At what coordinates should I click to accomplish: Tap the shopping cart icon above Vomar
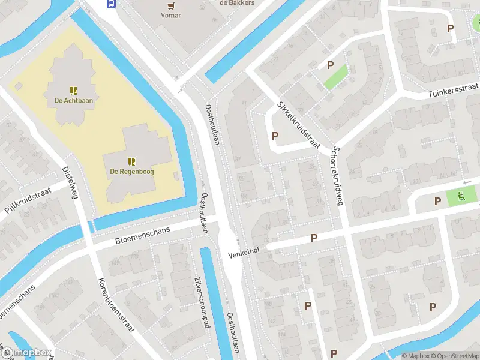click(x=172, y=5)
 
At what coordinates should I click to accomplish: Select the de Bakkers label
click(x=237, y=2)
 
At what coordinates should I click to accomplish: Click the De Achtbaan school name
click(x=73, y=101)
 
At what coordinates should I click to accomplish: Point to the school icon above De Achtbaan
click(x=73, y=91)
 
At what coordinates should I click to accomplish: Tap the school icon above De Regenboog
click(x=131, y=161)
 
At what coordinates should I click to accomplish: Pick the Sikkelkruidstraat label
click(x=298, y=124)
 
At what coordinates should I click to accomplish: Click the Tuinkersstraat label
click(x=453, y=92)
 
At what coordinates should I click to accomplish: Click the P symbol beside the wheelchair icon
click(x=437, y=201)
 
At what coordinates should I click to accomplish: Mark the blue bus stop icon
click(x=111, y=2)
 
